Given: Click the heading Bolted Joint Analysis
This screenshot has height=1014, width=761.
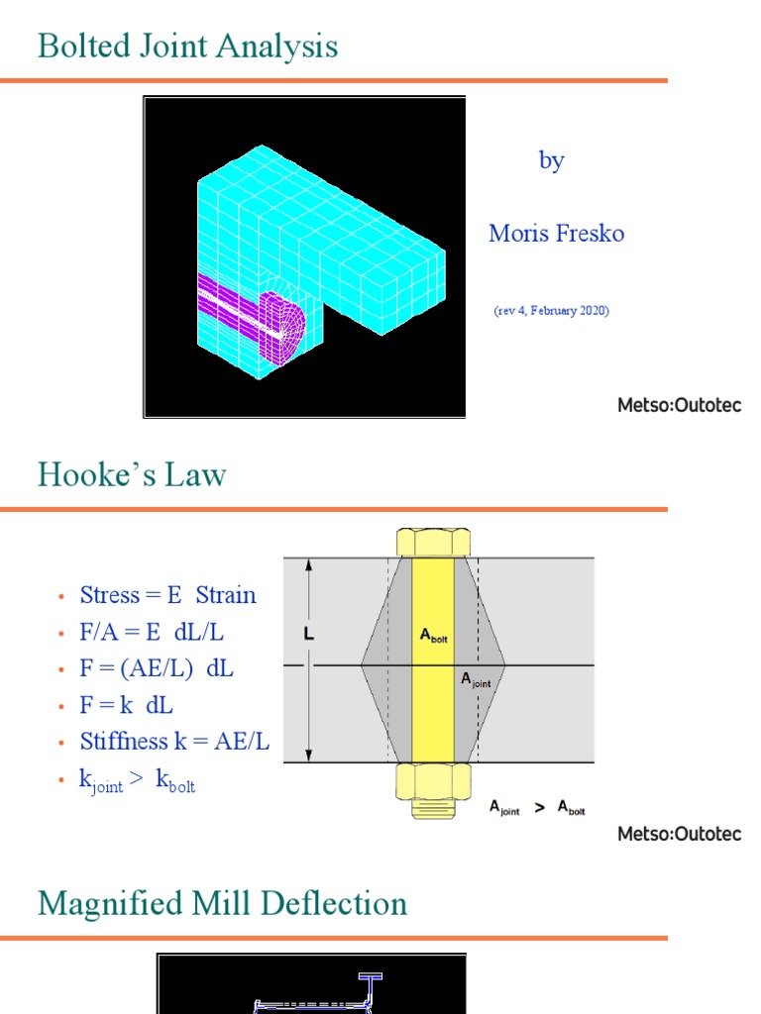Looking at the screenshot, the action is pos(187,47).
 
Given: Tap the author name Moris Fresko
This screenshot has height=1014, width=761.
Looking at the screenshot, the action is pos(556,234).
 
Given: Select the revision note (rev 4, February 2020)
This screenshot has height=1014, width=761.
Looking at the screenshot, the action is pos(551,310).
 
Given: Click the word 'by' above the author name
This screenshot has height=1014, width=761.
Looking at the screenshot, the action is pos(551,160).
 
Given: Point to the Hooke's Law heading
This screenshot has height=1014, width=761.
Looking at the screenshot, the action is pos(132,475).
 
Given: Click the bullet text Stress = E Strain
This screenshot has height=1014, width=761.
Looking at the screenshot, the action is pos(167,595).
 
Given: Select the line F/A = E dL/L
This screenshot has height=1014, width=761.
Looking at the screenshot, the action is pos(159,632).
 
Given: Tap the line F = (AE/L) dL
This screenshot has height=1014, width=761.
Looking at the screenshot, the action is pos(157,668).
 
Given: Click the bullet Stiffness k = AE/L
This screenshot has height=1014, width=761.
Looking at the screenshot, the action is pos(174,742).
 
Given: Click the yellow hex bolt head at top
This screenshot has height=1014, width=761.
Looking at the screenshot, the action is pos(433,543).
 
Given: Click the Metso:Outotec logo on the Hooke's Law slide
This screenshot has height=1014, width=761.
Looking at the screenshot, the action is pos(679,834).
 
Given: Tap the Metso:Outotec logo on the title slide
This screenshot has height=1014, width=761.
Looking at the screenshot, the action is pos(679,406).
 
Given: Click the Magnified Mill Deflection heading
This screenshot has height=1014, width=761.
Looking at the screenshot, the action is pos(222,903).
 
